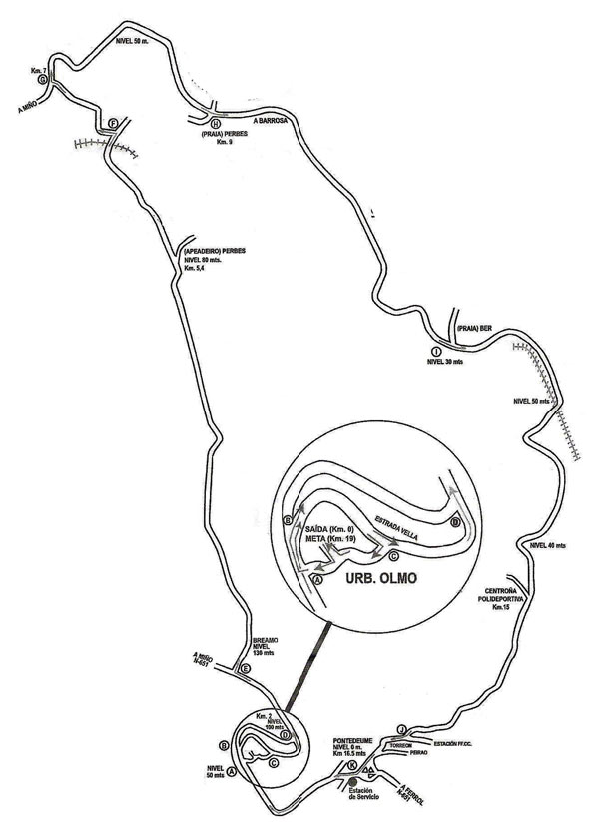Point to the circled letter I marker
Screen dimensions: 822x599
point(436,352)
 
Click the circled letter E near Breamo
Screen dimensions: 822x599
point(246,668)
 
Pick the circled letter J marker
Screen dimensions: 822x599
point(400,728)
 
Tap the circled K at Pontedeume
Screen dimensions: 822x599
point(351,766)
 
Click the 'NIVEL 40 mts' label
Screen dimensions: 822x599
point(548,545)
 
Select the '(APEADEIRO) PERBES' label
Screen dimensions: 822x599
point(214,251)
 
